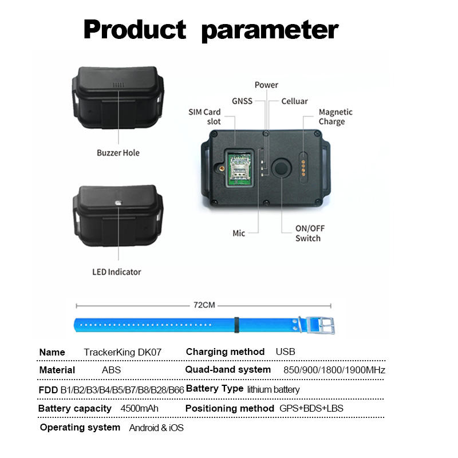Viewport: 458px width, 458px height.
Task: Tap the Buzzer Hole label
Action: click(x=118, y=153)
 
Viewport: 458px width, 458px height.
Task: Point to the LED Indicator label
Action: click(x=117, y=271)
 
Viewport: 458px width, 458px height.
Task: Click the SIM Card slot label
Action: click(x=204, y=116)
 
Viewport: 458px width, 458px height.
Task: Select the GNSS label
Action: click(x=242, y=101)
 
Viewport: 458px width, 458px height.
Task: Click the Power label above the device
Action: click(x=266, y=85)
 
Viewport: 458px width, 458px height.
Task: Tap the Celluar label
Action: click(x=294, y=101)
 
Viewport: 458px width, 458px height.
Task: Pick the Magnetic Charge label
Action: click(x=335, y=116)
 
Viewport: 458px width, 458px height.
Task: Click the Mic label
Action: click(x=239, y=233)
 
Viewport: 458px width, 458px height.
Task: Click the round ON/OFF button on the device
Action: click(x=281, y=168)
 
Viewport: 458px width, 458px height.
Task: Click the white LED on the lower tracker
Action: click(x=119, y=203)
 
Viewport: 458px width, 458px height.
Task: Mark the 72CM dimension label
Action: click(x=204, y=305)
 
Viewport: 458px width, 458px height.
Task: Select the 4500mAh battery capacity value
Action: click(x=139, y=409)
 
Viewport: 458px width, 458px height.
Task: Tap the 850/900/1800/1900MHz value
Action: click(x=334, y=370)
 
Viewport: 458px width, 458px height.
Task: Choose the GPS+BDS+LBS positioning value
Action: click(x=311, y=409)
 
